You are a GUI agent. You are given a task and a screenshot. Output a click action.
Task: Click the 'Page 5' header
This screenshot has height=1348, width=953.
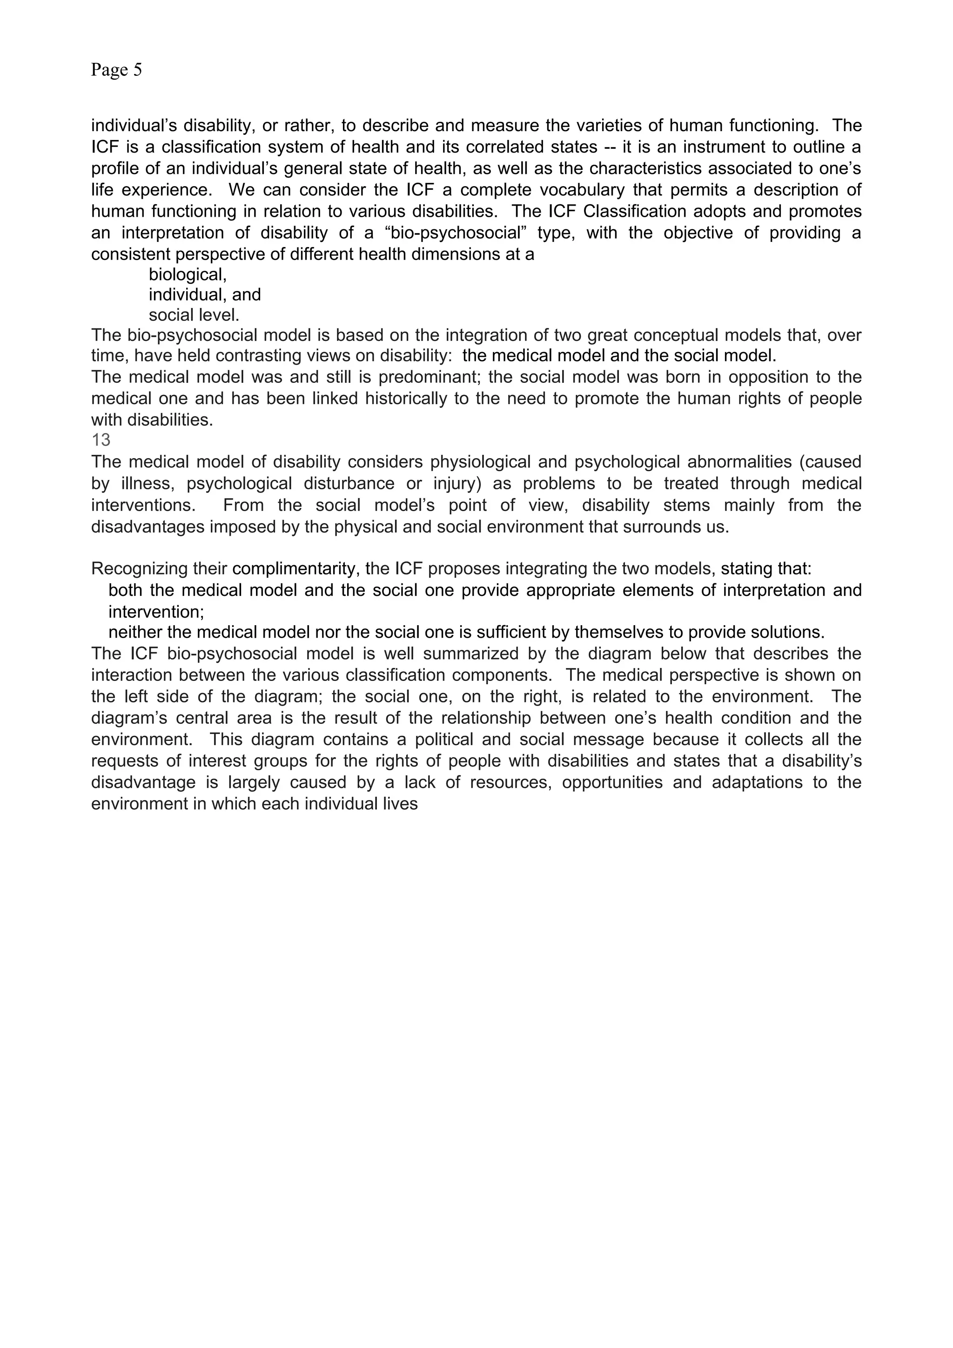pyautogui.click(x=116, y=70)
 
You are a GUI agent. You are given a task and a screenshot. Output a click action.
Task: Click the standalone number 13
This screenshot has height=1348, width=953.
pyautogui.click(x=101, y=440)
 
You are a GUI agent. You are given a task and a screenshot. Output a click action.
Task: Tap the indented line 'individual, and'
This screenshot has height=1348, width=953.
pyautogui.click(x=204, y=295)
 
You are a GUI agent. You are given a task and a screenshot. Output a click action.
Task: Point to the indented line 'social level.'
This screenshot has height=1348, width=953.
pyautogui.click(x=194, y=315)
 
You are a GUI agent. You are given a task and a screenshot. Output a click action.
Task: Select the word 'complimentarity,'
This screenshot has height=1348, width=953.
pyautogui.click(x=296, y=569)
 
